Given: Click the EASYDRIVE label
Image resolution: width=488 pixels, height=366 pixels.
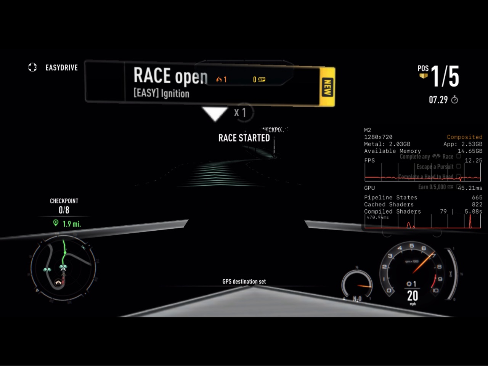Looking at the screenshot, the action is (x=61, y=67).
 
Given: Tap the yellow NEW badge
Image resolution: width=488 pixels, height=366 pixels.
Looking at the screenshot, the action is (x=327, y=87).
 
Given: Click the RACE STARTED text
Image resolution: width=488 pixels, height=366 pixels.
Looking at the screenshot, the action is (x=244, y=138).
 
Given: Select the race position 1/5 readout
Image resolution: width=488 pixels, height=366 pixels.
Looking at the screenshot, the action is (x=445, y=76).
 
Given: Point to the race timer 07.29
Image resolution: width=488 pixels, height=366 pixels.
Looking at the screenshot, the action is (x=438, y=100).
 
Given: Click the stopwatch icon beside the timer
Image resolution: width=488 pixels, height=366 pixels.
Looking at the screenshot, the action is (x=454, y=100).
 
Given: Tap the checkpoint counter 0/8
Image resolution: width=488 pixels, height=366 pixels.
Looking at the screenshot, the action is (x=64, y=210).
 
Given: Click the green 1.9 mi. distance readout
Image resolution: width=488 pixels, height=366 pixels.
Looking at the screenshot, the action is (x=72, y=224).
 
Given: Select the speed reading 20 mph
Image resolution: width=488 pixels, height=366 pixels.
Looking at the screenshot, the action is (x=413, y=296).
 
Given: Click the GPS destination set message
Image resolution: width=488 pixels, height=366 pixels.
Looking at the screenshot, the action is (x=244, y=281).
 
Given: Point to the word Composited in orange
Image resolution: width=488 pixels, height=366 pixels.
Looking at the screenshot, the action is (x=464, y=137).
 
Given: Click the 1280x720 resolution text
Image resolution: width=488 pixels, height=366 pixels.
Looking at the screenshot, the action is (x=378, y=137).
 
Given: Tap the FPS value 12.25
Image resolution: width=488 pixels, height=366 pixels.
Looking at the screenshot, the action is (x=473, y=161).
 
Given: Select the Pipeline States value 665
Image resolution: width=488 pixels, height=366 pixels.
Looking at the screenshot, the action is (x=477, y=197).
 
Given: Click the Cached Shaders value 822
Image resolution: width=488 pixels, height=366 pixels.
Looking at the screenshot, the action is (x=477, y=204).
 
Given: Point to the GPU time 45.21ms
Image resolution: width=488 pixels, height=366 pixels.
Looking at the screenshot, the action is (x=470, y=188).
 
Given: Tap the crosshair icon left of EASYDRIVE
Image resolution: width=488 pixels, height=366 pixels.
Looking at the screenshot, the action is (x=32, y=67).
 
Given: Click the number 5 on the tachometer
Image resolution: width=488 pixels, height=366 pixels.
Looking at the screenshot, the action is (x=411, y=246).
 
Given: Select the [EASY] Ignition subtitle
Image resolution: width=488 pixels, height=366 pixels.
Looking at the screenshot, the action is (x=161, y=93).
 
